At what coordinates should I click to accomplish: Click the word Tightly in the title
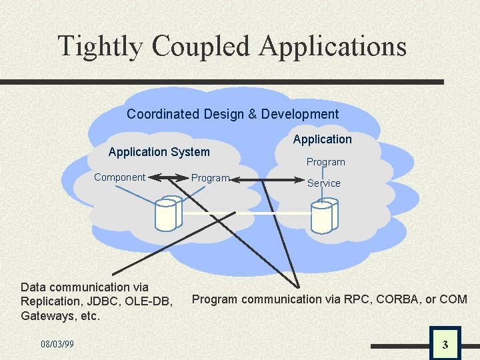(100, 47)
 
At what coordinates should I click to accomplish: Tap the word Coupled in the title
(201, 47)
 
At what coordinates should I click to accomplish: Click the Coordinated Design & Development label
(233, 114)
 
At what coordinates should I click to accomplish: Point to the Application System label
(159, 152)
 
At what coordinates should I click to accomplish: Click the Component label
(119, 177)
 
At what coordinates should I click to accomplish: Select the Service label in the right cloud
(324, 183)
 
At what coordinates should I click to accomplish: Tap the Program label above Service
(325, 162)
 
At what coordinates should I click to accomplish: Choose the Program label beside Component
(210, 178)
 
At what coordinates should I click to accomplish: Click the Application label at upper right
(322, 139)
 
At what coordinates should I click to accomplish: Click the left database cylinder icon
(167, 213)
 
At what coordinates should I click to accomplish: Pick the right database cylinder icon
(324, 215)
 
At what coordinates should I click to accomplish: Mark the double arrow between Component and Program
(168, 178)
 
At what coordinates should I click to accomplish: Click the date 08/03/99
(57, 344)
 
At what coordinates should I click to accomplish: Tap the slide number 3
(445, 345)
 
